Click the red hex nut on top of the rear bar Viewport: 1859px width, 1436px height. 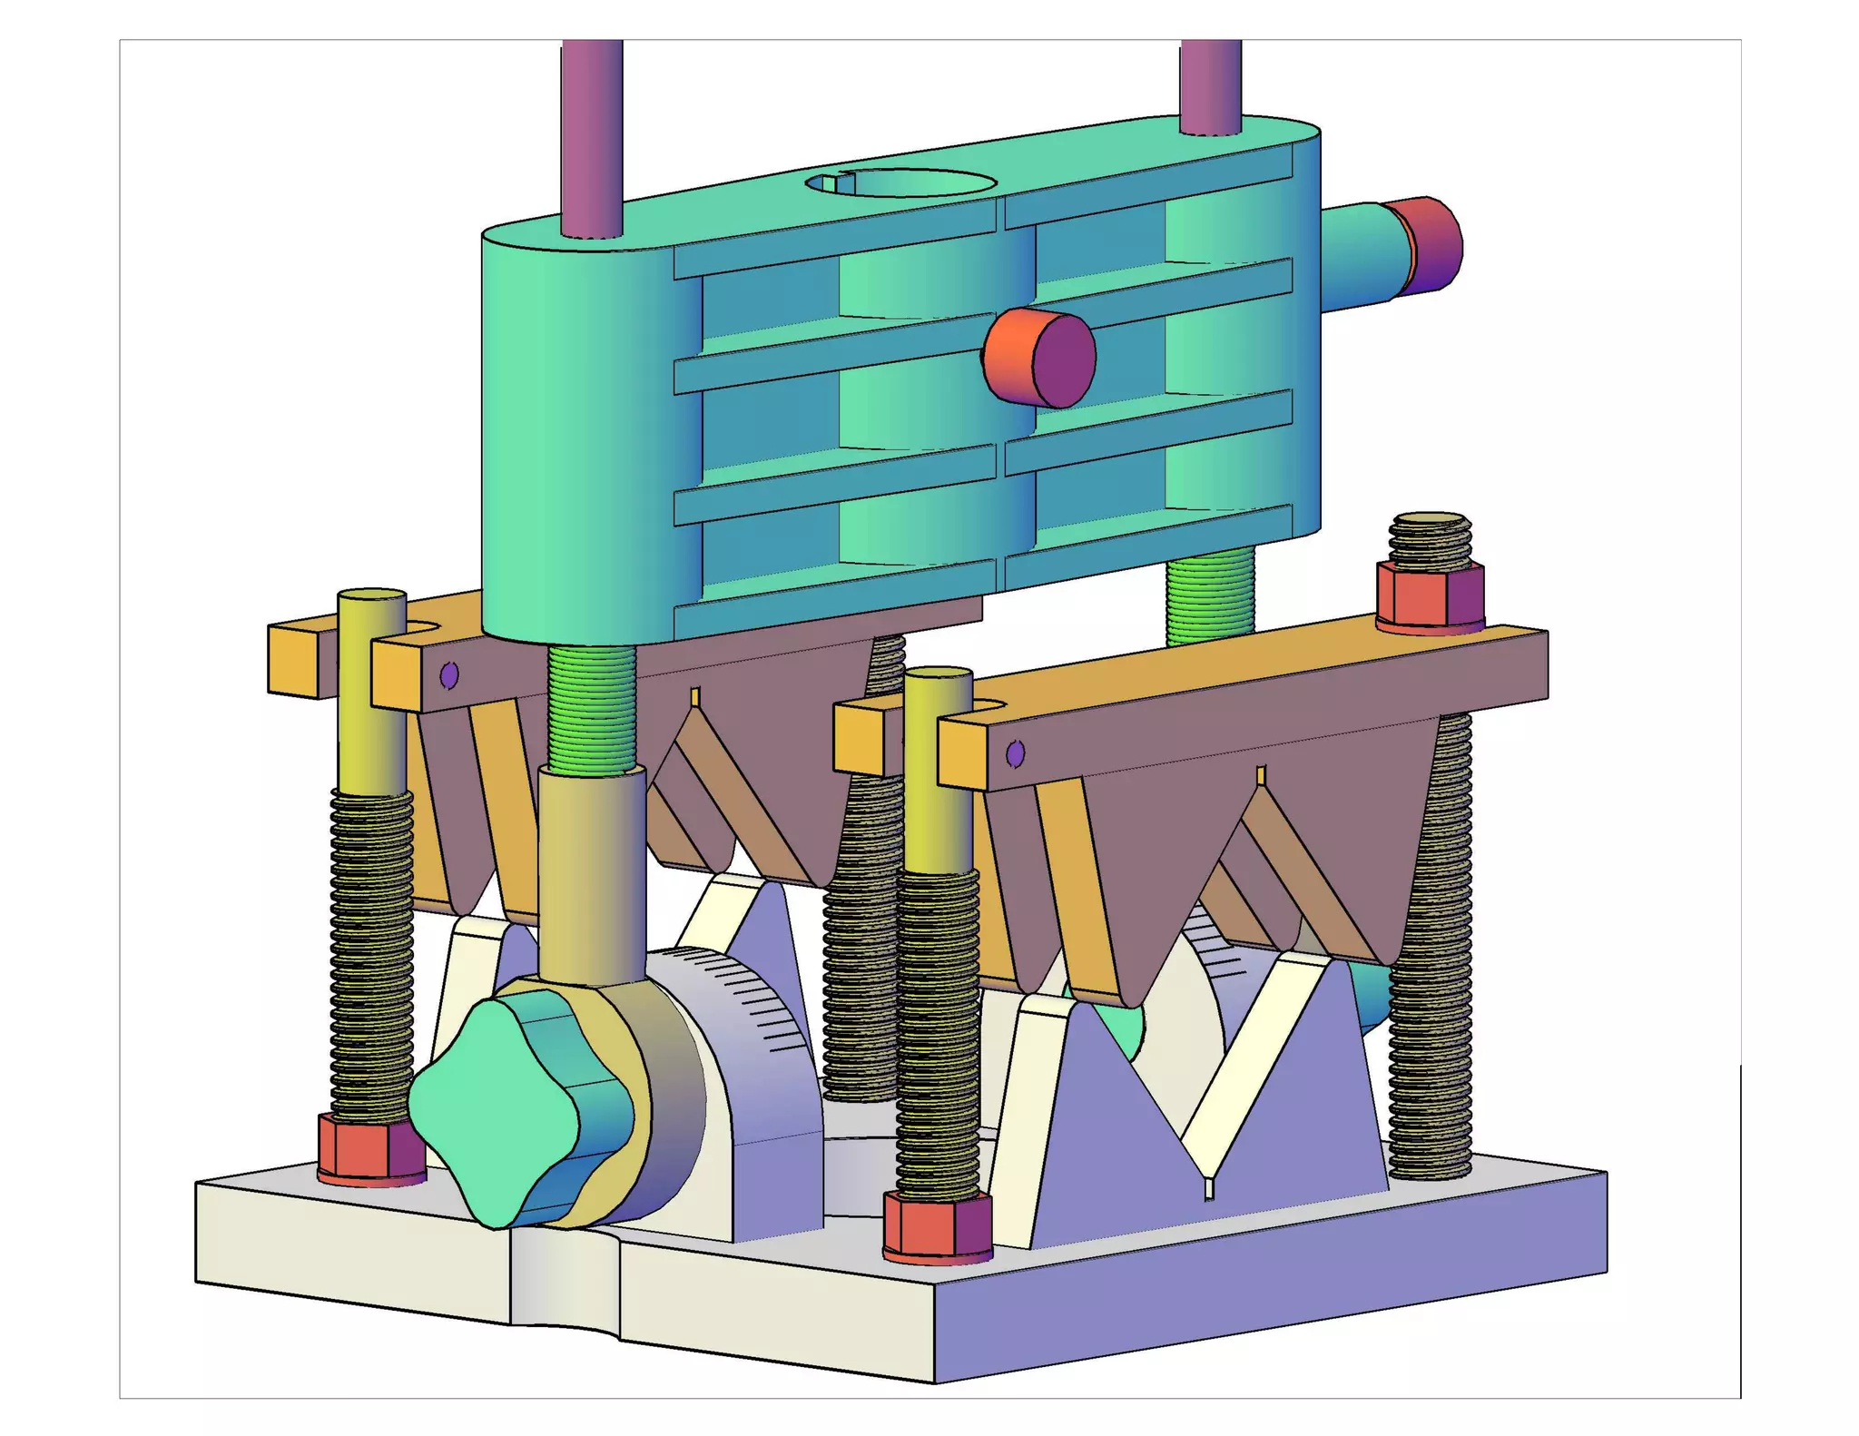1430,595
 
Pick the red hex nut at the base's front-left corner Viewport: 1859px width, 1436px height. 371,1149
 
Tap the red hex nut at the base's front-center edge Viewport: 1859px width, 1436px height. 937,1225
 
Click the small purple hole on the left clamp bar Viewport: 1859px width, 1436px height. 448,675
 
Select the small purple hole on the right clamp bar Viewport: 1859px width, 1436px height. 1016,753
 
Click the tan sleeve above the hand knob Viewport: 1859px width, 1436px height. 592,871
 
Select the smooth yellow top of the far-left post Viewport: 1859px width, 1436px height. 371,690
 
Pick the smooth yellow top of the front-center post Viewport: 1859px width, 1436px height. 938,772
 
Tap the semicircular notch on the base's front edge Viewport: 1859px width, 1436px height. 566,1271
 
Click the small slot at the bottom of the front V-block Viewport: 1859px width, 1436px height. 1208,1188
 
